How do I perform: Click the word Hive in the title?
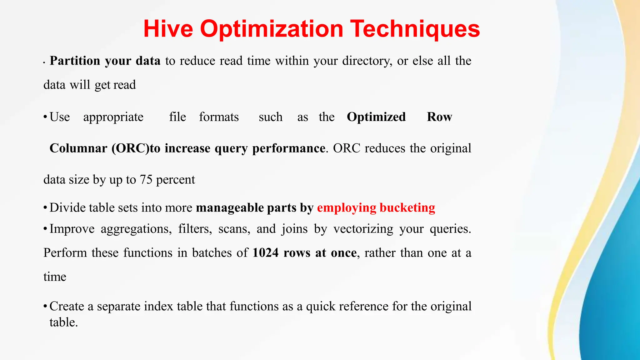pyautogui.click(x=168, y=29)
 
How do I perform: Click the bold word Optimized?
pyautogui.click(x=376, y=117)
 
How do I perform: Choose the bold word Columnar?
pyautogui.click(x=78, y=148)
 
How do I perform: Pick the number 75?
pyautogui.click(x=146, y=180)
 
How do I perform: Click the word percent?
pyautogui.click(x=175, y=180)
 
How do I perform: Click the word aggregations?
pyautogui.click(x=136, y=229)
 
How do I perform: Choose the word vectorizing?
pyautogui.click(x=363, y=229)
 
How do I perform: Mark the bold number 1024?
pyautogui.click(x=265, y=252)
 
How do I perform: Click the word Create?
pyautogui.click(x=67, y=306)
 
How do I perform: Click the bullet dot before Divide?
pyautogui.click(x=45, y=208)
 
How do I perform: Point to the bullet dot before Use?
pyautogui.click(x=45, y=117)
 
